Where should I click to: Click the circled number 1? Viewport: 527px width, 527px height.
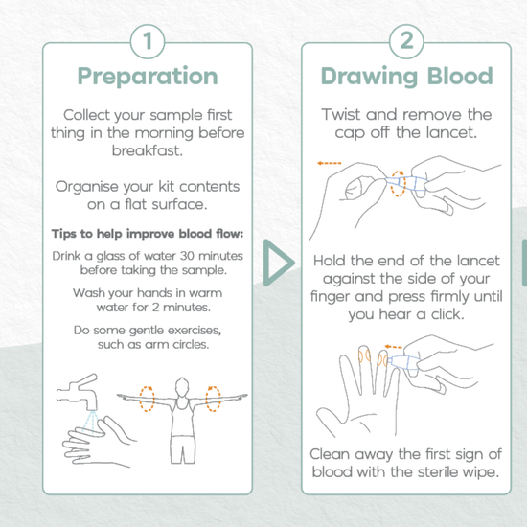point(148,41)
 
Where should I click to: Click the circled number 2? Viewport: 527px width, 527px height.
point(406,41)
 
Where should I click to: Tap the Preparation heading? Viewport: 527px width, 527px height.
point(148,77)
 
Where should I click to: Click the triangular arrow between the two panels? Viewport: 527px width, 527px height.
point(278,263)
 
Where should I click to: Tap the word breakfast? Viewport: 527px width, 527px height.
point(148,150)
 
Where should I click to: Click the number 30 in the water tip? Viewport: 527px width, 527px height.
point(187,256)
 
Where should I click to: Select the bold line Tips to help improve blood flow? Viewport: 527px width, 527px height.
point(148,233)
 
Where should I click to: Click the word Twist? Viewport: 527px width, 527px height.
point(341,114)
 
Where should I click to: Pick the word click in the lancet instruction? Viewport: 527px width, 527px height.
point(447,314)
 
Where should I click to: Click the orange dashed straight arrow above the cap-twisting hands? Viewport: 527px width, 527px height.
point(330,163)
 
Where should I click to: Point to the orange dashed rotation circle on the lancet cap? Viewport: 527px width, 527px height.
point(399,184)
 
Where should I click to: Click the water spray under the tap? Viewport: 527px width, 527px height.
point(90,421)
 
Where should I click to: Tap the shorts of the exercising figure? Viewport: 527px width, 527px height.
point(182,449)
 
